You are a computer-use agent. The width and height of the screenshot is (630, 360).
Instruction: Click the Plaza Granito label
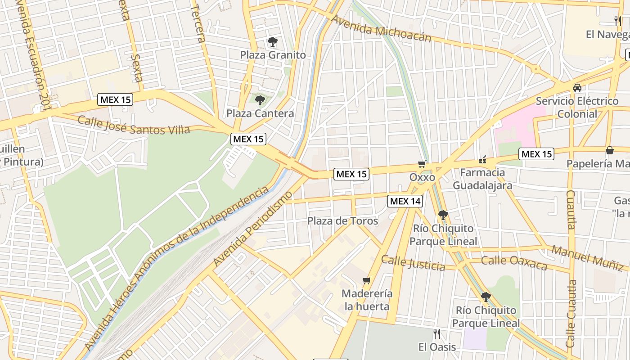tap(273, 55)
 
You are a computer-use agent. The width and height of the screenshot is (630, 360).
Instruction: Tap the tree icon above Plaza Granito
tap(272, 42)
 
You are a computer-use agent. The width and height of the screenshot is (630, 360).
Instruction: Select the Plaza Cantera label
tap(260, 113)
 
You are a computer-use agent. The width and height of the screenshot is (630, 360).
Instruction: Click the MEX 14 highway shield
tap(405, 201)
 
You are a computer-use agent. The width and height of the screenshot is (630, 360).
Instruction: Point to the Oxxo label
tap(422, 177)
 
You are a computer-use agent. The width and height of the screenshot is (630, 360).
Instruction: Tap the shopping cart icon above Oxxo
tap(422, 164)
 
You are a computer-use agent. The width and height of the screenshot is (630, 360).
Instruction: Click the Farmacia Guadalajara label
tap(482, 179)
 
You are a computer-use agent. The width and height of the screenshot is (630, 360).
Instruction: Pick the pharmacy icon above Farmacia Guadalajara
tap(482, 159)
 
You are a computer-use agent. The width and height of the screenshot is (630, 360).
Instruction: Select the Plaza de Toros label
tap(342, 221)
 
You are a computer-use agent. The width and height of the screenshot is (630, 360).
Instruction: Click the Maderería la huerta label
tap(367, 300)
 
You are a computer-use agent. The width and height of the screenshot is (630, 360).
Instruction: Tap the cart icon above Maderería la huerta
tap(367, 281)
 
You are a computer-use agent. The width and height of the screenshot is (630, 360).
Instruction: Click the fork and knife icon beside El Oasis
tap(436, 334)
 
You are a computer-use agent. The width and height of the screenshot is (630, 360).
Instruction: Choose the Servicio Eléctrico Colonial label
tap(577, 107)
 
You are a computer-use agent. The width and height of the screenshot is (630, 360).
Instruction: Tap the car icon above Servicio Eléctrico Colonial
tap(577, 88)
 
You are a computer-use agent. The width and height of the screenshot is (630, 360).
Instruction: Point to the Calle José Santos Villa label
tap(134, 125)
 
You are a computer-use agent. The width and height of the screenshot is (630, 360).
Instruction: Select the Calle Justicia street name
tap(413, 263)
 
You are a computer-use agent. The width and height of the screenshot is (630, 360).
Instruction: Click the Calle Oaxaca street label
tap(514, 262)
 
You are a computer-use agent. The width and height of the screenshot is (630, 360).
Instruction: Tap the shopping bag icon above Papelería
tap(610, 150)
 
